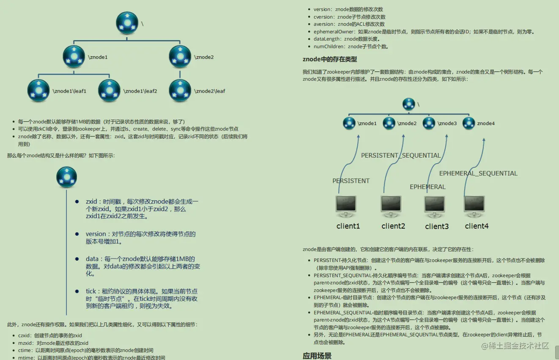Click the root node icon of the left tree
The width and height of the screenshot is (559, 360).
tap(127, 23)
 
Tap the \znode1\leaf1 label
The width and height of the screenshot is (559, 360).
tap(69, 91)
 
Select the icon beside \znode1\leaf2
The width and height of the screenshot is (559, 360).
tap(109, 90)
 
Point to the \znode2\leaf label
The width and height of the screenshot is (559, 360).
tap(210, 91)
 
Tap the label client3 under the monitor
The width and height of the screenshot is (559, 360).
tap(437, 226)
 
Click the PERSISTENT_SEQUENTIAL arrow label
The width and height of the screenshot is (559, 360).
tap(401, 155)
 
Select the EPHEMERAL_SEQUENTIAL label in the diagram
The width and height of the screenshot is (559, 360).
tap(478, 173)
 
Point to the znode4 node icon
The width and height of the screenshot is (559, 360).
tap(469, 123)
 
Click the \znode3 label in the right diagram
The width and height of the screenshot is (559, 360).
tap(447, 123)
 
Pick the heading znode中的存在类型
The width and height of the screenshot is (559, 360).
tap(330, 59)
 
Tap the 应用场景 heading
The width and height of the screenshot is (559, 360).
tap(317, 356)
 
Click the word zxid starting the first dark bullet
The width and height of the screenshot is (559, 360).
tap(91, 202)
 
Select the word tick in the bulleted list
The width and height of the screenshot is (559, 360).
tap(91, 291)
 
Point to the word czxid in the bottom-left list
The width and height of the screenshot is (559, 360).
tap(25, 335)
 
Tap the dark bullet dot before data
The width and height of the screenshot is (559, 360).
tap(77, 259)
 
